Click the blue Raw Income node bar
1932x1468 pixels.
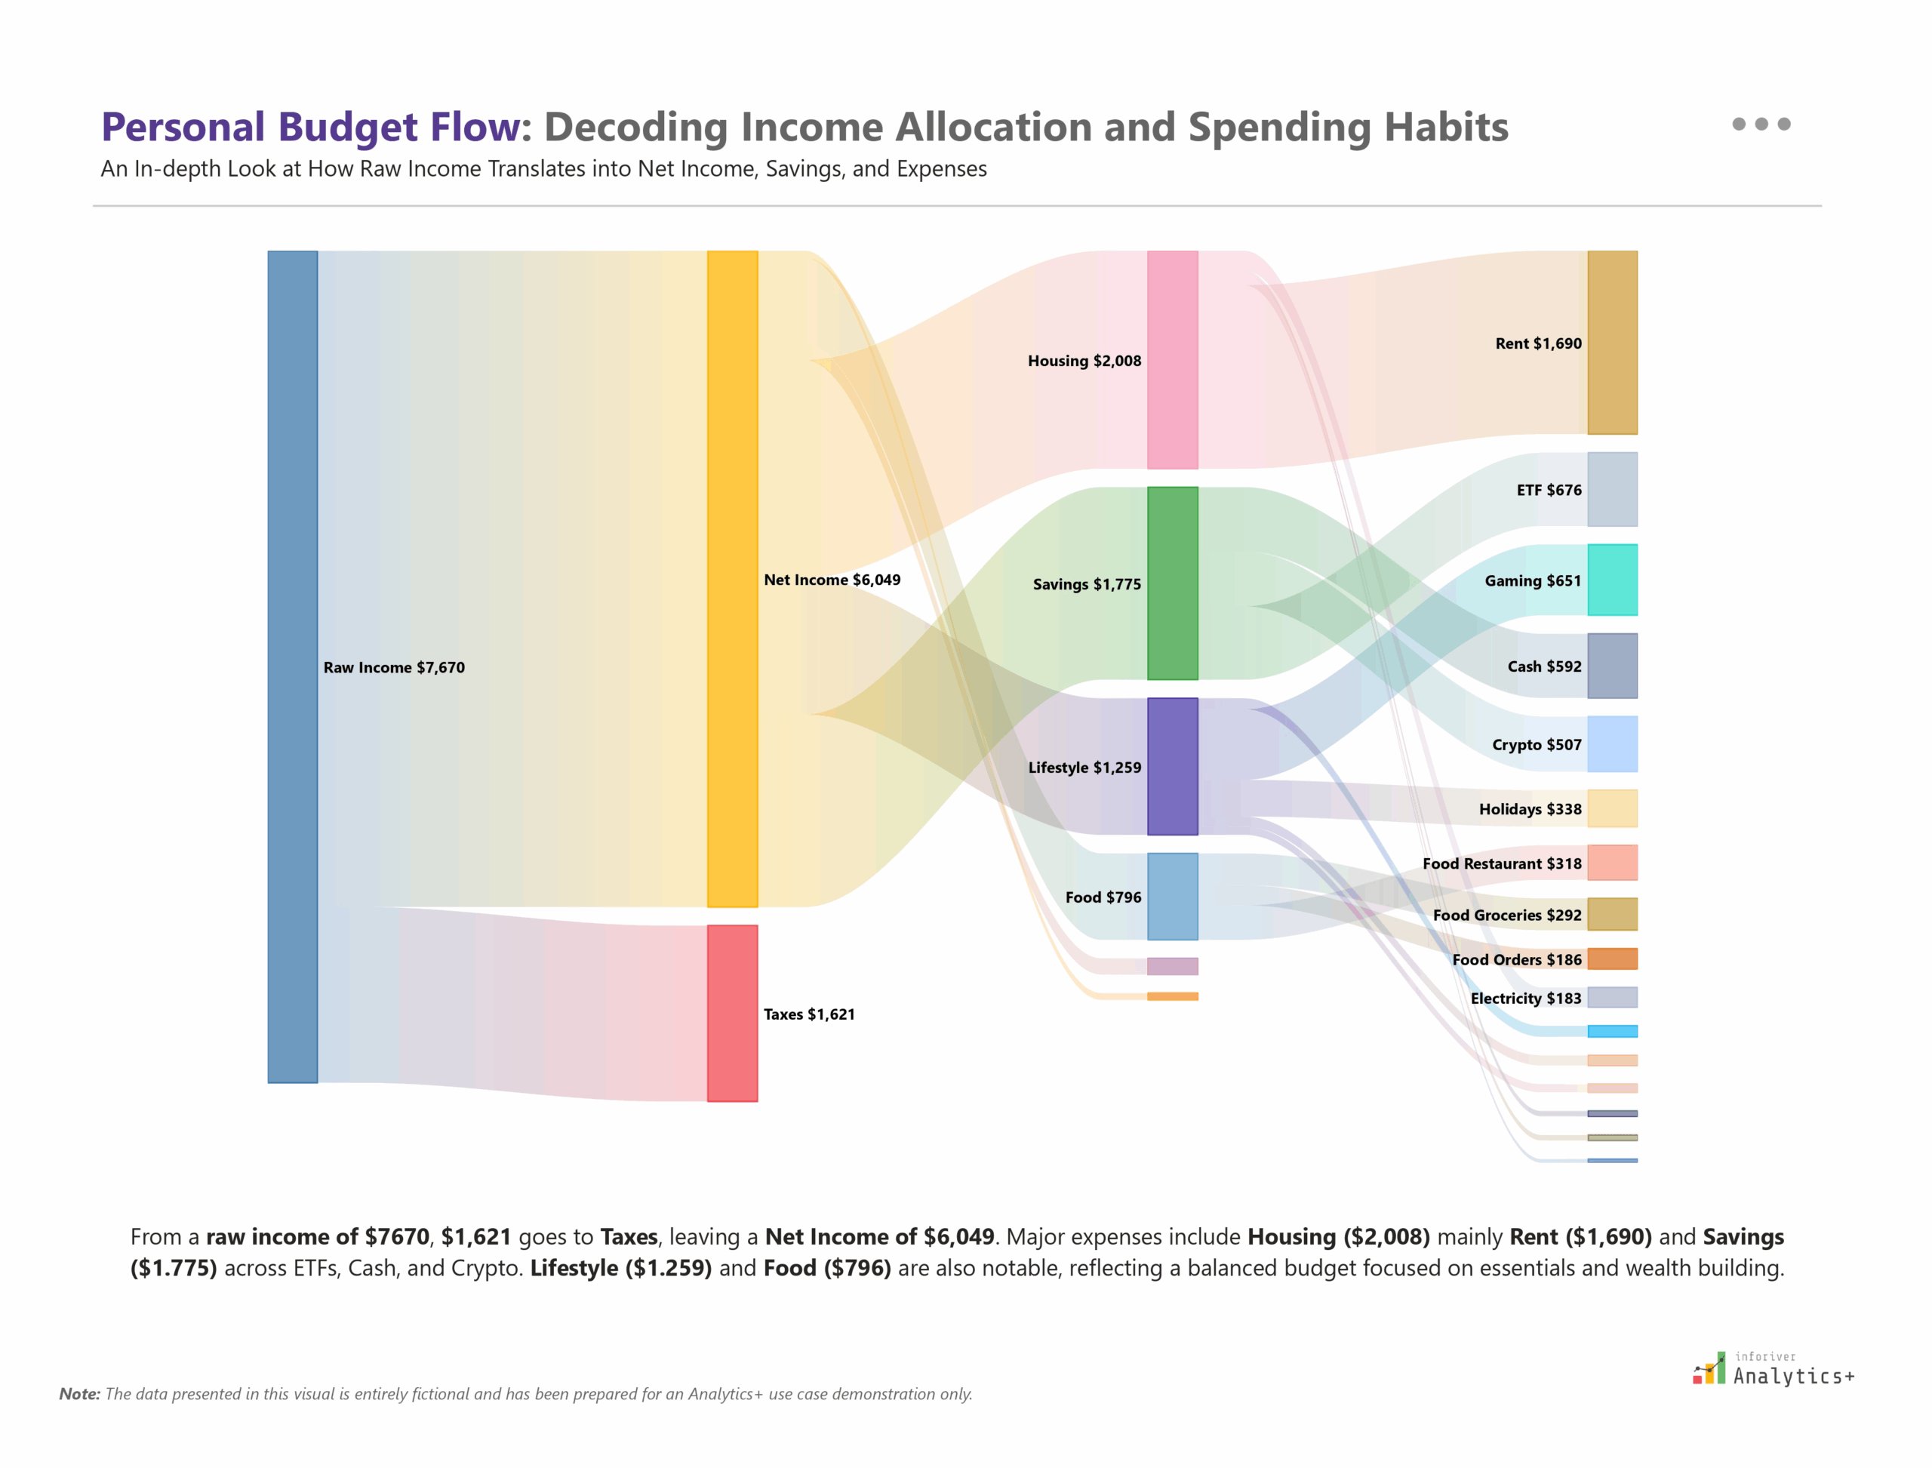(x=292, y=666)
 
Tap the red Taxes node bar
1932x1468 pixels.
(x=731, y=1013)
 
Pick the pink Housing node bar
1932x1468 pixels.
(x=1172, y=360)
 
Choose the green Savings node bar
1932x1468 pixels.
(x=1172, y=583)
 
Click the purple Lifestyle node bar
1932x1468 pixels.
(x=1172, y=766)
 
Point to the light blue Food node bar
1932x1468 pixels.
(x=1172, y=897)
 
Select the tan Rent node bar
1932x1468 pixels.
(x=1612, y=343)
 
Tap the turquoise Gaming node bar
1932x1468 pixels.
(x=1612, y=580)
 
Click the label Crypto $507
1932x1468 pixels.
(x=1536, y=744)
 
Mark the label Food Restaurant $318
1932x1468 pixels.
(x=1501, y=863)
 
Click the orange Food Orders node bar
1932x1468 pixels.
(x=1612, y=959)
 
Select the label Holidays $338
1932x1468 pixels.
(x=1529, y=809)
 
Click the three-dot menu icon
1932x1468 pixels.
(x=1761, y=124)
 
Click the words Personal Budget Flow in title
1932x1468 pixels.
(x=310, y=127)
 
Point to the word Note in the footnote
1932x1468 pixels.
(x=78, y=1394)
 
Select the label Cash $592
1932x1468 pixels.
(x=1544, y=666)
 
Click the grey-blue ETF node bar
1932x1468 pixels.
(x=1612, y=489)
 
